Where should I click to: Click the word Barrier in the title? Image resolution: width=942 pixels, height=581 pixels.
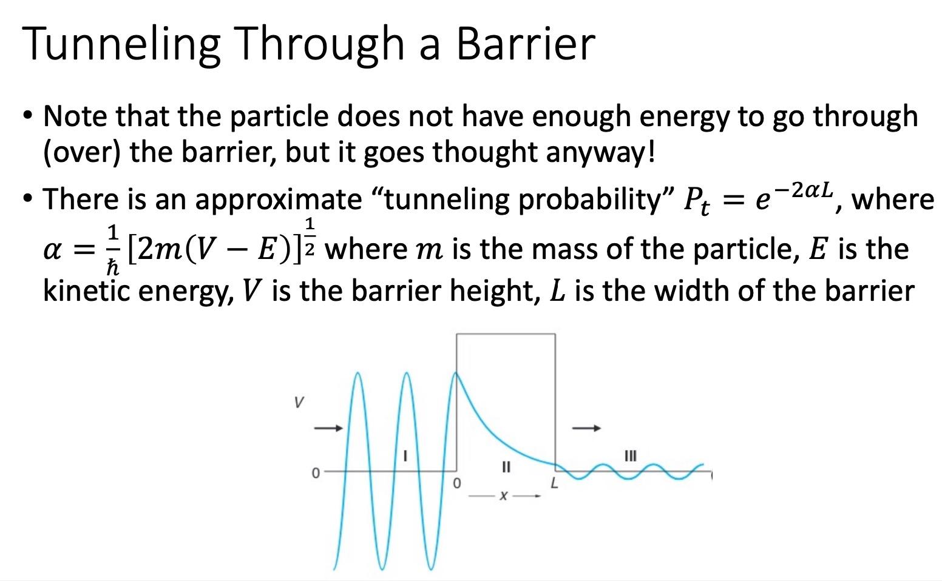(x=526, y=44)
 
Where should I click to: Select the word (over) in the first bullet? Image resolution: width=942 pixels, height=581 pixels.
(x=83, y=152)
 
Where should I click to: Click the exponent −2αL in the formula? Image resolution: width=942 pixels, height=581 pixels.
(x=805, y=190)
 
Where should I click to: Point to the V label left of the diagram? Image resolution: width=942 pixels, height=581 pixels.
(x=298, y=402)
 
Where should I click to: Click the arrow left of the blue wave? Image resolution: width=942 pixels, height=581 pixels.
(x=328, y=428)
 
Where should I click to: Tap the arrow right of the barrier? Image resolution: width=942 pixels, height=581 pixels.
(x=587, y=428)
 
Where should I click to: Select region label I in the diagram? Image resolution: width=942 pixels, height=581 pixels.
(x=405, y=454)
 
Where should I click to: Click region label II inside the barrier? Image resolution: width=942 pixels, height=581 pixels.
(x=506, y=467)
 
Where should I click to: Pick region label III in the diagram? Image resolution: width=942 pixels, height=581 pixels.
(x=631, y=455)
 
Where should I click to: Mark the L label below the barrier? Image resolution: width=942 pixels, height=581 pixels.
(x=554, y=484)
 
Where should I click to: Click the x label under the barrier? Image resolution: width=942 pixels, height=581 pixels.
(x=503, y=496)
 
